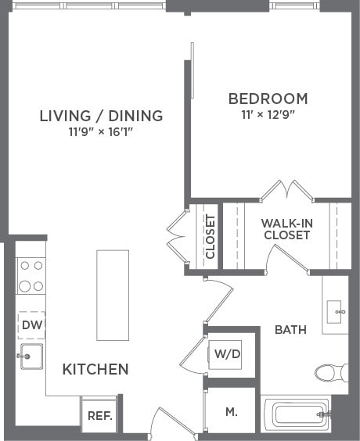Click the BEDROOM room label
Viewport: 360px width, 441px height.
[268, 99]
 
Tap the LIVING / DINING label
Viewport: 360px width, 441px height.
[101, 116]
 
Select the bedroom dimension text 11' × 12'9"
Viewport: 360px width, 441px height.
[268, 116]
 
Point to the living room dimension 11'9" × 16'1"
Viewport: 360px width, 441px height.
[101, 132]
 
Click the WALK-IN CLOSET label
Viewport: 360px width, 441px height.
[286, 228]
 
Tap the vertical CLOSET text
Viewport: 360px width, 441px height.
[210, 236]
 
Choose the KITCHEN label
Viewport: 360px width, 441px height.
[95, 369]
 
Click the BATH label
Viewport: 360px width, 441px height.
[290, 330]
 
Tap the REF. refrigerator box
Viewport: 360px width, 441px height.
[99, 416]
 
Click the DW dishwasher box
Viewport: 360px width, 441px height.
[31, 324]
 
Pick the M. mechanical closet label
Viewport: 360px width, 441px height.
[232, 411]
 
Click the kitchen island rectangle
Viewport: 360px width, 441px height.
[113, 295]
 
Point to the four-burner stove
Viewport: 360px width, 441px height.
[31, 275]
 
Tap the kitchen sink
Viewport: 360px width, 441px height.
[31, 357]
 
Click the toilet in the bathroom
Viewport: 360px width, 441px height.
[332, 372]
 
